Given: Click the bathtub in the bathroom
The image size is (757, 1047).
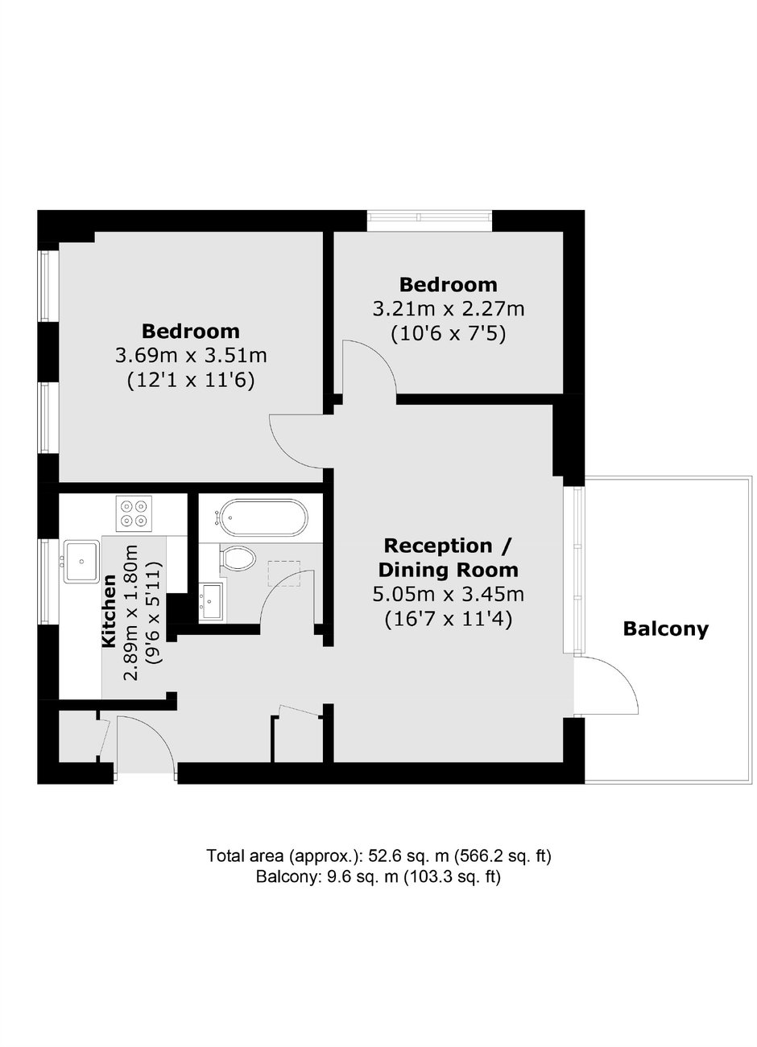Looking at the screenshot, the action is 264,517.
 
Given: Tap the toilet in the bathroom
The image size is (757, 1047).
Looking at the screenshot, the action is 238,557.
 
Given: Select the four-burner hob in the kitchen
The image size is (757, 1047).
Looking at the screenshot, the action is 134,513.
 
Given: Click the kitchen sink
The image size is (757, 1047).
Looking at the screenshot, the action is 81,562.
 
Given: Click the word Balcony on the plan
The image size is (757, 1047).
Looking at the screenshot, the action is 665,629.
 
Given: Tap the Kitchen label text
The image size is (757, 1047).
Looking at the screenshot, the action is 109,611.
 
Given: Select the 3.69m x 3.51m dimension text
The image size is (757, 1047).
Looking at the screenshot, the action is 191,356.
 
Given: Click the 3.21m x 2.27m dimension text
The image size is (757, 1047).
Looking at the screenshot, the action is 448,309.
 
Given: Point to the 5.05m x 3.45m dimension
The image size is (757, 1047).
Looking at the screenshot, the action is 448,595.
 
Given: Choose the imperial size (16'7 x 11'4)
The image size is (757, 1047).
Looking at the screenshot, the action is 448,620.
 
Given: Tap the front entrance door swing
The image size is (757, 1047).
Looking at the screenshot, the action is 159,732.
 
